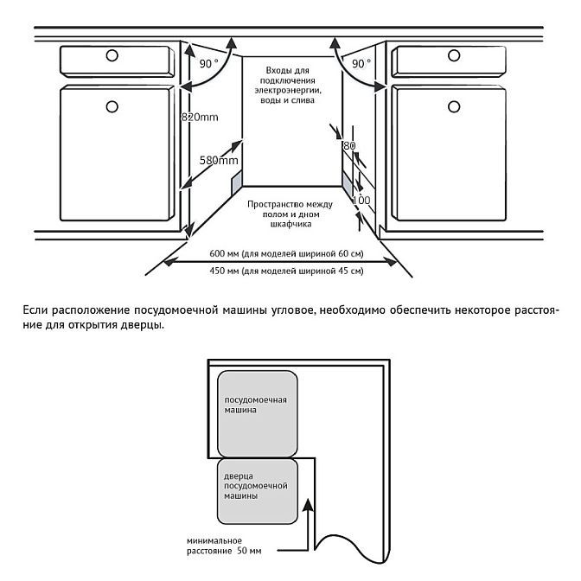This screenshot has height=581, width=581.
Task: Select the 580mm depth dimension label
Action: coord(218,161)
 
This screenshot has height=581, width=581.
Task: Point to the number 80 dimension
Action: coord(349,147)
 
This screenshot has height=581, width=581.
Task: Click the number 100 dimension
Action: coord(361,201)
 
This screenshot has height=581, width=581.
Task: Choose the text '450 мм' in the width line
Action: coord(224,271)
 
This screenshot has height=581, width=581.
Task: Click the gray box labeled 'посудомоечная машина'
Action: coord(258,413)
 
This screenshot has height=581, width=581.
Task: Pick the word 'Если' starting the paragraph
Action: coord(31,310)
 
